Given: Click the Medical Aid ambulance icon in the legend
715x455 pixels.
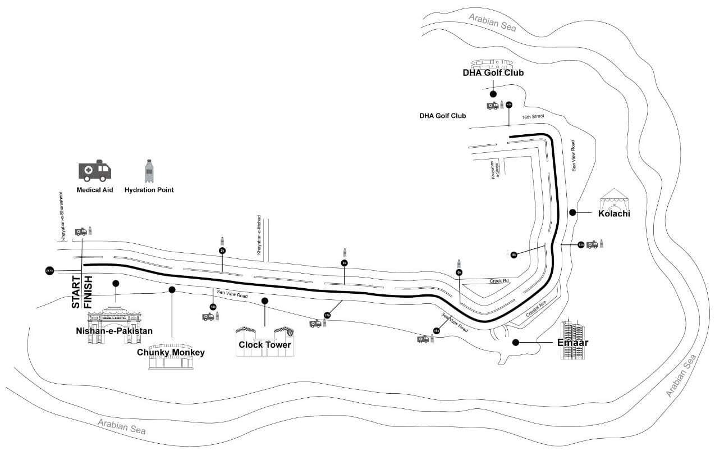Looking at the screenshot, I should click(x=95, y=170).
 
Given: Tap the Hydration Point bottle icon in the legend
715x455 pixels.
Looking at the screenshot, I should click(x=149, y=171).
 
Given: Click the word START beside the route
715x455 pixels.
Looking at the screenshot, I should click(x=76, y=292).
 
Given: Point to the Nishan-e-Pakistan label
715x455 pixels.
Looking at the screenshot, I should click(x=114, y=331).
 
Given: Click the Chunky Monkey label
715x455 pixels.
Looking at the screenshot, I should click(x=171, y=353).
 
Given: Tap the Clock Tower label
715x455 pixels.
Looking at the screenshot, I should click(x=265, y=344).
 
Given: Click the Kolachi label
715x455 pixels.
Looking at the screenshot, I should click(x=614, y=213).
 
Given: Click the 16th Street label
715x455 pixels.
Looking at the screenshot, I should click(x=533, y=116).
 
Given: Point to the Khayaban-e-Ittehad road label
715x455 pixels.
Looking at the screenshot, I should click(x=259, y=235).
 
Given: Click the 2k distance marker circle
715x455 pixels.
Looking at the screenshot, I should click(x=222, y=251).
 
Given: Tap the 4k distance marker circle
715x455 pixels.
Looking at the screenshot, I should click(x=345, y=262).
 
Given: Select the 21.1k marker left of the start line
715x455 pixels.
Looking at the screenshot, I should click(x=49, y=271).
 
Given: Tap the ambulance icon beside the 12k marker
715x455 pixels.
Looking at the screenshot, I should click(x=592, y=244).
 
